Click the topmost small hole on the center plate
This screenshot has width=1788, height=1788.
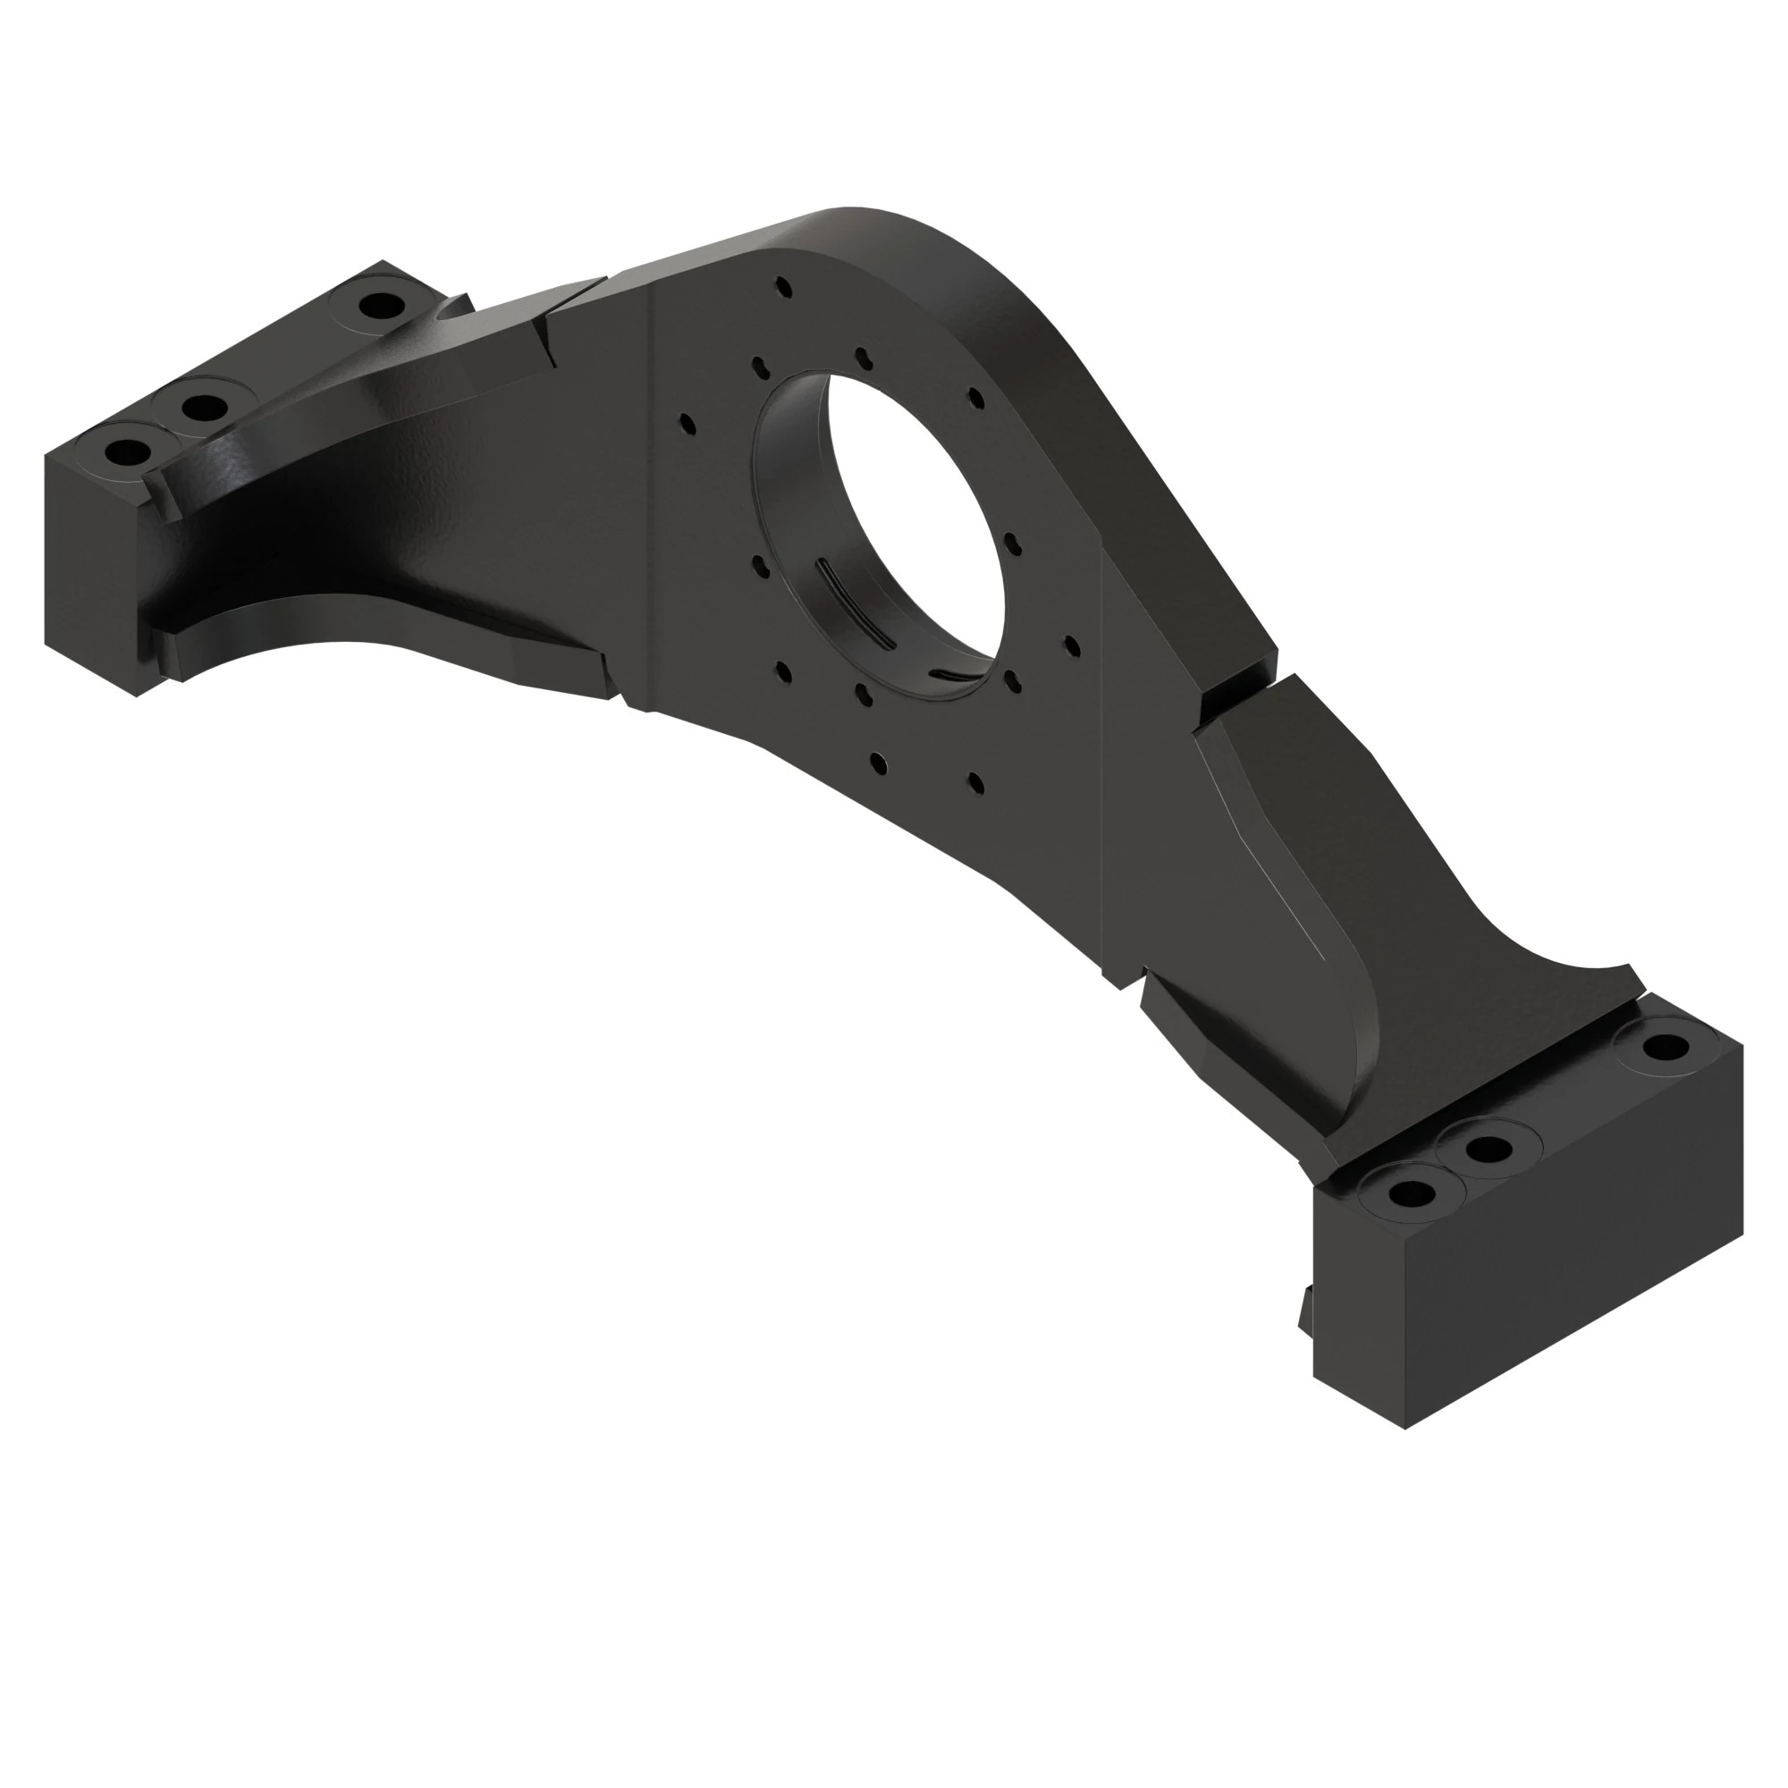[784, 287]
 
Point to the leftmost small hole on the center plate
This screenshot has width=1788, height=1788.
[687, 424]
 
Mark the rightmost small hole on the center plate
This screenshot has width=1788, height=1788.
[1072, 644]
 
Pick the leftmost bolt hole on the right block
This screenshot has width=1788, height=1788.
[1410, 1193]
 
